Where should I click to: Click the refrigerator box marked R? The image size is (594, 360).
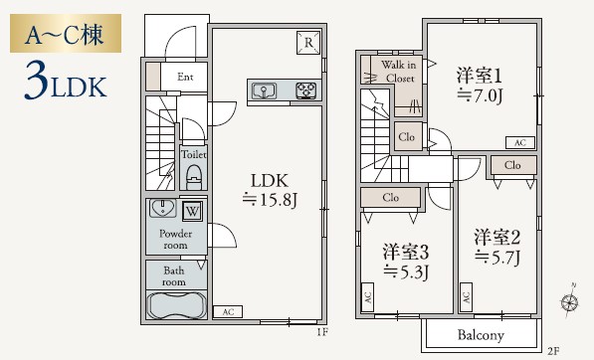click(308, 42)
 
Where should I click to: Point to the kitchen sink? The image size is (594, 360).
click(265, 91)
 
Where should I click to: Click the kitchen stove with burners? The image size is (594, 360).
click(304, 91)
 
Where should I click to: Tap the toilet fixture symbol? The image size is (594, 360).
click(193, 176)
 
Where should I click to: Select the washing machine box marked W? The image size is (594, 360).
click(191, 211)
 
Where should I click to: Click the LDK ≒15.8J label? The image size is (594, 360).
click(269, 190)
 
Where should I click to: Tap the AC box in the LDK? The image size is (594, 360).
click(226, 311)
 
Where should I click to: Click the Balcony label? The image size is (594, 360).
click(481, 335)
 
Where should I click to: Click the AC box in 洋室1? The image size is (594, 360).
click(518, 142)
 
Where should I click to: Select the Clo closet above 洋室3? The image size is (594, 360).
click(391, 198)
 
